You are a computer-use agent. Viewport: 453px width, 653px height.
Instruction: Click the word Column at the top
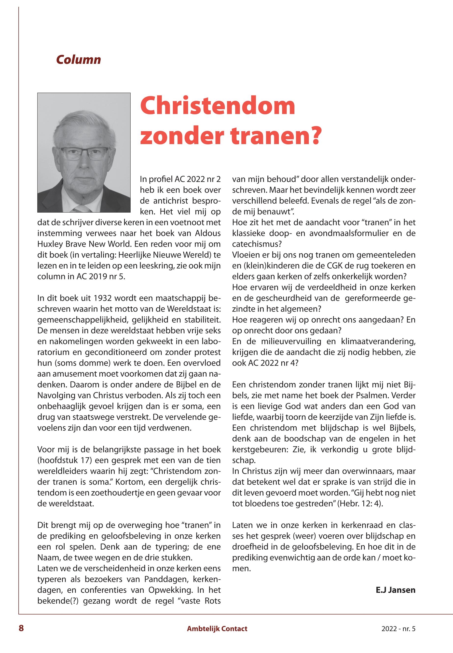coord(78,60)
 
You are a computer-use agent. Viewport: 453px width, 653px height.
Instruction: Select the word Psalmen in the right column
coord(370,395)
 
